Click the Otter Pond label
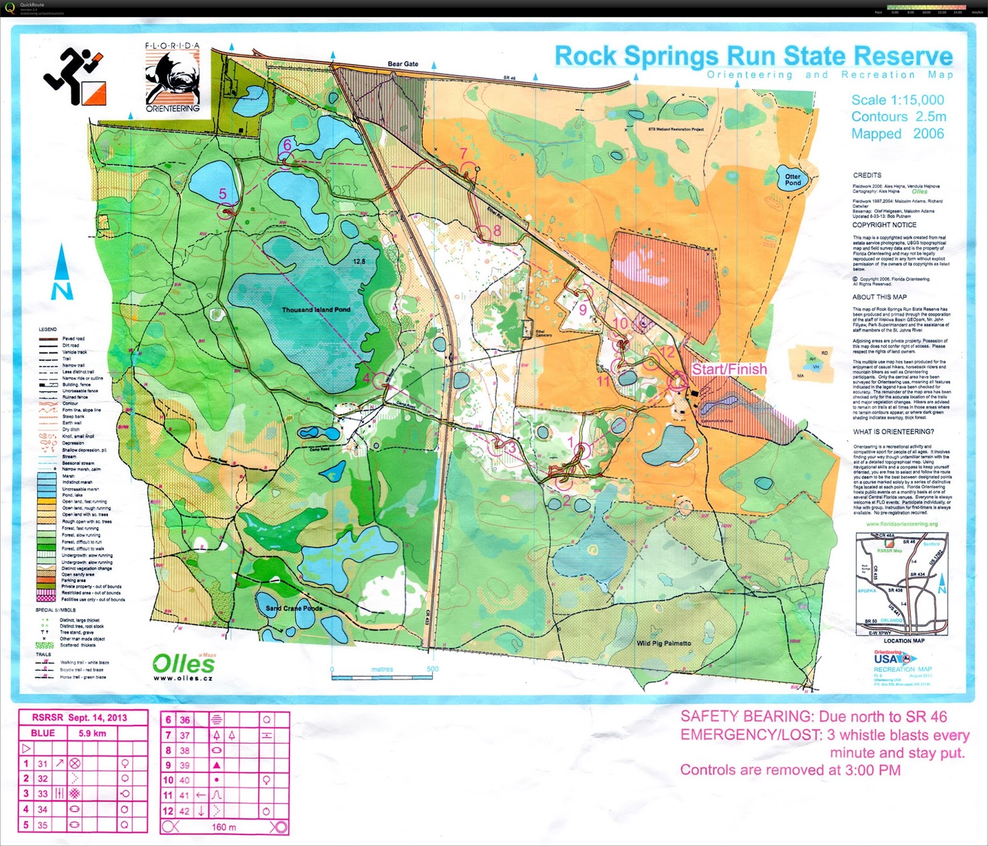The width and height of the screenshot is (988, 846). pos(793,180)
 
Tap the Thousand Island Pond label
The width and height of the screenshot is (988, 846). pos(316,309)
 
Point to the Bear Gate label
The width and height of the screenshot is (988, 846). pos(403,64)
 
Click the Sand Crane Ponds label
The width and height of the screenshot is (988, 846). pos(294,608)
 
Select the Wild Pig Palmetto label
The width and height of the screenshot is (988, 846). pos(664,643)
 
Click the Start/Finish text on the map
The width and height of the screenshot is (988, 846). pos(729,369)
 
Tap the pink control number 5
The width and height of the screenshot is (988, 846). pos(223,194)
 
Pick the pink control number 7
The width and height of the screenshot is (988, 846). pos(464,153)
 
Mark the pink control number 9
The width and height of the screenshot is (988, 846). pos(582,311)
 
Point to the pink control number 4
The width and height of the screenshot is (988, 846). pos(366,378)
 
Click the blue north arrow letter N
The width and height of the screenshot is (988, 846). pos(62,291)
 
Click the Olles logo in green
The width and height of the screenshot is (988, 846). pos(183,664)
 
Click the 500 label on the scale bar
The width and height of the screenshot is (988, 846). pos(432,669)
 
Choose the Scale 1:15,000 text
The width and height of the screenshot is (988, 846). pos(897,100)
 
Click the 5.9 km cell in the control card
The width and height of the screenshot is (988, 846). pos(92,734)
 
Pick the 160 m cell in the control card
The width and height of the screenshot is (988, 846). pos(224,827)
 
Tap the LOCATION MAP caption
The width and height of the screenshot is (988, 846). pos(904,640)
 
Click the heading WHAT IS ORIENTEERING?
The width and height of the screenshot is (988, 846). pos(894,432)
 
